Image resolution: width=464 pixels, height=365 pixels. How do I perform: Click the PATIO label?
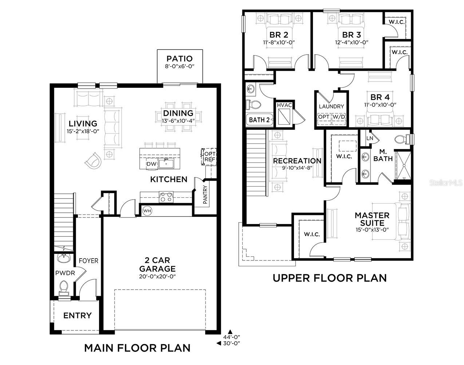pyautogui.click(x=179, y=59)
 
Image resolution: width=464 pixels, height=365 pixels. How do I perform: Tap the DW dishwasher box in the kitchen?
pyautogui.click(x=151, y=164)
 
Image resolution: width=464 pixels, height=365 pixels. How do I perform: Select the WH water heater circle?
pyautogui.click(x=147, y=211)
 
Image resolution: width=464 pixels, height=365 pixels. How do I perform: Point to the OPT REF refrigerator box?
pyautogui.click(x=209, y=156)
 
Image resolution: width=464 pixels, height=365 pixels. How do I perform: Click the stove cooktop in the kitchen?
pyautogui.click(x=166, y=197)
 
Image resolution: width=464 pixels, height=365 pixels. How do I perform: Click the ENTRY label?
pyautogui.click(x=77, y=315)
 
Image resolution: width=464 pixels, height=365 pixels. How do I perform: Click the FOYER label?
pyautogui.click(x=89, y=261)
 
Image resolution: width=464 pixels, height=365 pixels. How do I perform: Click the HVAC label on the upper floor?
pyautogui.click(x=285, y=105)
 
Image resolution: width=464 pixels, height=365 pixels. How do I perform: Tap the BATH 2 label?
pyautogui.click(x=259, y=120)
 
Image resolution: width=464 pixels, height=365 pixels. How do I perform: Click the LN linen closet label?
pyautogui.click(x=369, y=138)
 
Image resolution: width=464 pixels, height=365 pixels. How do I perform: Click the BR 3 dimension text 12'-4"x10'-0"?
pyautogui.click(x=352, y=42)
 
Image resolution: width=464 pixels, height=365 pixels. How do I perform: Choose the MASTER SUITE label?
pyautogui.click(x=372, y=219)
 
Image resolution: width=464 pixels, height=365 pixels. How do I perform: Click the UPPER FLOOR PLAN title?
pyautogui.click(x=330, y=278)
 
